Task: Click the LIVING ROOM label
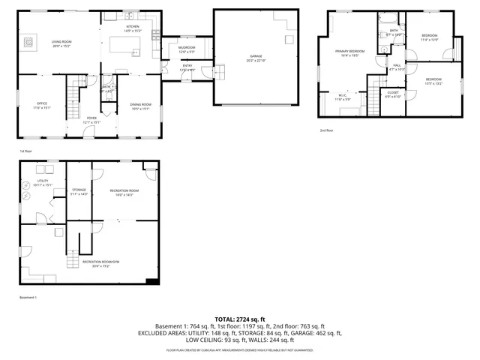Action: (x=61, y=41)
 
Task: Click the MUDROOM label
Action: (x=187, y=48)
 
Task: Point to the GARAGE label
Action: (x=256, y=56)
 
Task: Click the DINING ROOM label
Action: (x=140, y=104)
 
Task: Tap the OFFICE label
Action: (x=43, y=104)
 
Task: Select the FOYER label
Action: (x=91, y=118)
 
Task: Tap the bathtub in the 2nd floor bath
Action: (x=394, y=33)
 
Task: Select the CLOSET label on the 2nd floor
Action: (x=394, y=92)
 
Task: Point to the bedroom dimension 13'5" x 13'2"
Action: (x=433, y=83)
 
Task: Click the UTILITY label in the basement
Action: (x=43, y=181)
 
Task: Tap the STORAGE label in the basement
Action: (x=79, y=190)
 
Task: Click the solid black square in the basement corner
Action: (x=152, y=280)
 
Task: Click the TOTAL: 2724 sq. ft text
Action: (x=240, y=319)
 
